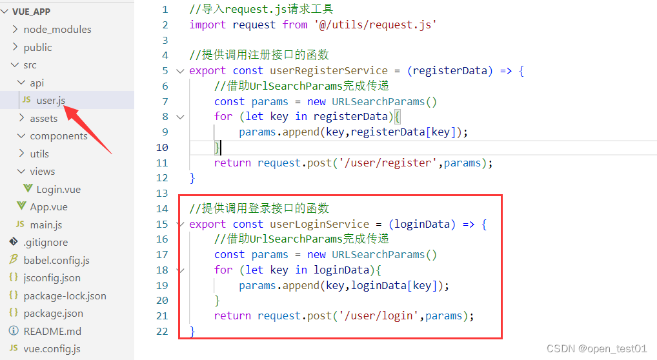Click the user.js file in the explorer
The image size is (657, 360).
pos(50,100)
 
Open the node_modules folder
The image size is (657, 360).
pos(57,29)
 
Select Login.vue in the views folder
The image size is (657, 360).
pos(58,189)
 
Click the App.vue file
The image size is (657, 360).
pos(48,206)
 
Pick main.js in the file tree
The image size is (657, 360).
pos(46,225)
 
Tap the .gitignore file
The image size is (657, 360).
pos(45,242)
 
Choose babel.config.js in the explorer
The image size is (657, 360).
pos(56,260)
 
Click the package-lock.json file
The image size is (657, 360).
pos(65,295)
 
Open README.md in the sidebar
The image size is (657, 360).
pos(52,331)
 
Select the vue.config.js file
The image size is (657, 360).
pos(52,349)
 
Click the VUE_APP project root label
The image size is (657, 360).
pos(31,12)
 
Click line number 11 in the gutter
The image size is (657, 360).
pos(162,163)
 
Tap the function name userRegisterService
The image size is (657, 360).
pos(328,70)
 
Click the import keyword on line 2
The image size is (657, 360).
pos(207,25)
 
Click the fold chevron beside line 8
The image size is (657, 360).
pos(180,117)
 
